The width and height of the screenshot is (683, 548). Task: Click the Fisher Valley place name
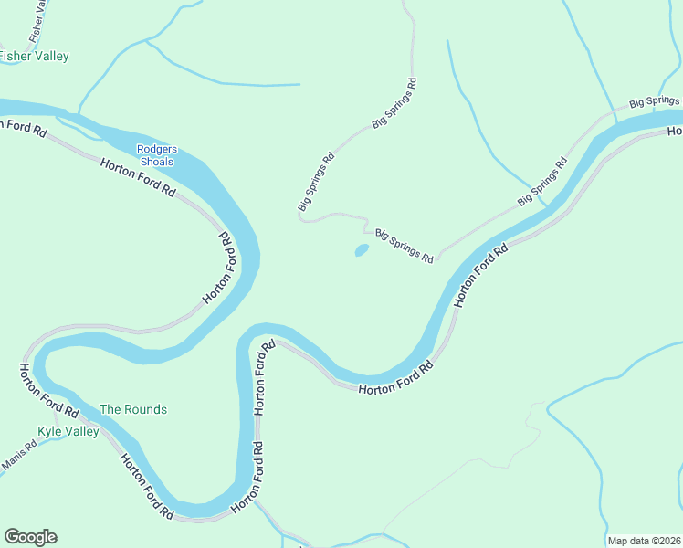click(x=34, y=57)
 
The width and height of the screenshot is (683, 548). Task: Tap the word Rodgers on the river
click(x=157, y=150)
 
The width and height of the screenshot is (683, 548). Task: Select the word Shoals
click(x=157, y=162)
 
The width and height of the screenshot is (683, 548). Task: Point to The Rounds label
click(x=133, y=410)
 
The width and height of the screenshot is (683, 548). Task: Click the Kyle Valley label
click(x=68, y=432)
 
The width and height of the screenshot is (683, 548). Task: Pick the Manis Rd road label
click(x=18, y=456)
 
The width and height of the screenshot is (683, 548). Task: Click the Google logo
click(x=30, y=537)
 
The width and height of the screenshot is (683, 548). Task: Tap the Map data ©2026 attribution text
click(x=644, y=541)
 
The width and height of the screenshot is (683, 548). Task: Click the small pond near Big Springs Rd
click(x=362, y=249)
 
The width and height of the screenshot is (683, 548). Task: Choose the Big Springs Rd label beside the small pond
click(x=405, y=247)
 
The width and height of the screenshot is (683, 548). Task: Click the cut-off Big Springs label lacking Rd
click(x=653, y=101)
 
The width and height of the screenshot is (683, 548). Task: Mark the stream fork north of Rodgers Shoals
click(x=147, y=40)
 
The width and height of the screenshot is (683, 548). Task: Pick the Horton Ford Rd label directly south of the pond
click(x=395, y=378)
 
